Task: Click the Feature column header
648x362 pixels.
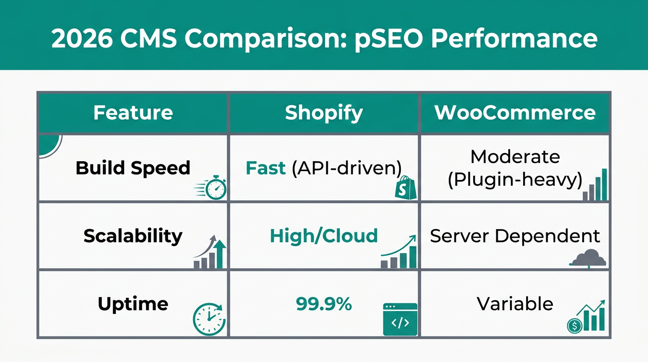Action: [133, 113]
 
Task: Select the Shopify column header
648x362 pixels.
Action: [324, 113]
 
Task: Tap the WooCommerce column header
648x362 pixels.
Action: [515, 113]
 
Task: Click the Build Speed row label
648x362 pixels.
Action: [133, 168]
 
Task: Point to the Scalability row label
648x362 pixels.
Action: [133, 236]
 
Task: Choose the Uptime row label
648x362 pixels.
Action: [133, 304]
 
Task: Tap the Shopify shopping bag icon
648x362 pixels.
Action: [405, 188]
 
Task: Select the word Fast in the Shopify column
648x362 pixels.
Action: [266, 168]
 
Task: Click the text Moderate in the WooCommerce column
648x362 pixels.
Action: [515, 156]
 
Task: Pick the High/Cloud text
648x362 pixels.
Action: [324, 236]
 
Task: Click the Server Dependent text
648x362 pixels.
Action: [515, 236]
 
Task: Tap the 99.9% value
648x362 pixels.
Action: [324, 304]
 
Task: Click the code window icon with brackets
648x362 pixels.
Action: [400, 319]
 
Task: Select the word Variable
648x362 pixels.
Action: [515, 304]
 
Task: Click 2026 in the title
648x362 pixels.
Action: [81, 38]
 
